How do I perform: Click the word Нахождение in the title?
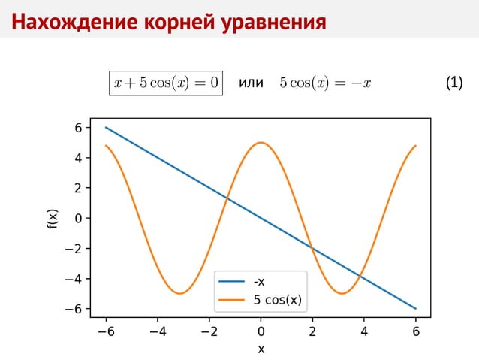coord(61,22)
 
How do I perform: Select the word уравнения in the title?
coord(273,22)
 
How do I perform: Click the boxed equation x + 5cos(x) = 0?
coord(166,82)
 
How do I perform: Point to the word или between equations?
coord(250,83)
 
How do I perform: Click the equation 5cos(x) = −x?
coord(325,83)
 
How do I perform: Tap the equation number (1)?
coord(453,83)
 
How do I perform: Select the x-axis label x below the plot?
coord(261,349)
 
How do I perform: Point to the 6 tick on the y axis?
coord(78,128)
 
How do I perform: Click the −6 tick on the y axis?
coord(74,309)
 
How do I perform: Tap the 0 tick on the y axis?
coord(78,219)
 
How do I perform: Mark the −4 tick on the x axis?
coord(157,331)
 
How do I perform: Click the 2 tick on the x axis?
coord(312,331)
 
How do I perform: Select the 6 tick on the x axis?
coord(416,331)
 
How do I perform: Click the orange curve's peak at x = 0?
coord(261,143)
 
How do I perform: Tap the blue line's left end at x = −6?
coord(106,128)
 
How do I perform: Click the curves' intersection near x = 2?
coord(312,247)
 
